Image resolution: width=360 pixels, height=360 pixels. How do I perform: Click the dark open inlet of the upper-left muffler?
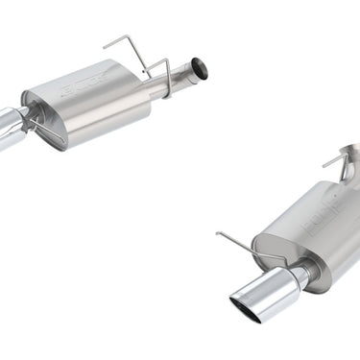pyautogui.click(x=199, y=68)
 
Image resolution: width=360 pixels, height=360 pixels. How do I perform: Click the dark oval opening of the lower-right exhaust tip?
pyautogui.click(x=246, y=308)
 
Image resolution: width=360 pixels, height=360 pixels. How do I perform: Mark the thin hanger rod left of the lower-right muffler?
pyautogui.click(x=235, y=245)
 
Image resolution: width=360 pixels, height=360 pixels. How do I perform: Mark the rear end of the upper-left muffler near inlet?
pyautogui.click(x=144, y=91)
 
